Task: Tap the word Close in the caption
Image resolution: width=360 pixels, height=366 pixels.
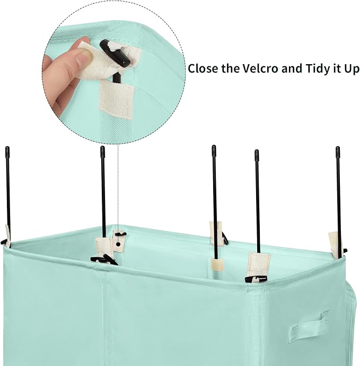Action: [203, 68]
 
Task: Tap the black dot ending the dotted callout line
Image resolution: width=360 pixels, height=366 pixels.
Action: [118, 245]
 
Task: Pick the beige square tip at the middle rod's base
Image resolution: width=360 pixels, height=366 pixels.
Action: [217, 265]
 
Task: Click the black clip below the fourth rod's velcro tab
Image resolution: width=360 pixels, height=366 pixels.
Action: [256, 279]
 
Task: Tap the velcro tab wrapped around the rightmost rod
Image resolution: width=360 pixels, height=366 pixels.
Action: [335, 244]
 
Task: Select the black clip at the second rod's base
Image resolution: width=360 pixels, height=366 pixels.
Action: [104, 259]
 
